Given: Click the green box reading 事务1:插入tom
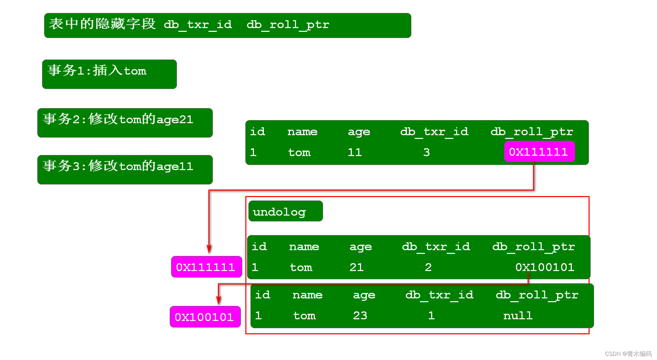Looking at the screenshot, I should click(x=109, y=74).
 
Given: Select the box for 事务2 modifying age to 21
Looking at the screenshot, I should click(x=125, y=123).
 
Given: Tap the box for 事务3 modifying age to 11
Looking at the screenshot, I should click(x=125, y=169).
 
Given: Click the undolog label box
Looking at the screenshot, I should click(x=285, y=211).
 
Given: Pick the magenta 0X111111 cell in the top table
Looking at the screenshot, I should click(x=539, y=152).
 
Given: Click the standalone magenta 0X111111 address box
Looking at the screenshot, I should click(x=206, y=267).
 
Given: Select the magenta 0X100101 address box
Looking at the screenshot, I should click(x=205, y=317).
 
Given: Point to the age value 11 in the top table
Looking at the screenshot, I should click(x=355, y=152).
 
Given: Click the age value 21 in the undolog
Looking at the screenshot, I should click(x=357, y=267).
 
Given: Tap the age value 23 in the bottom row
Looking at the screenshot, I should click(x=360, y=316).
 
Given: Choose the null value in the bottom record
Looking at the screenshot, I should click(x=518, y=316).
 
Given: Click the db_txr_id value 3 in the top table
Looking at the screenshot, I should click(x=426, y=152).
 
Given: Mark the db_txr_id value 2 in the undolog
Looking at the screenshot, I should click(x=428, y=267).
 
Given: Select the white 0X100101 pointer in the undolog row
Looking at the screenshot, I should click(x=545, y=267).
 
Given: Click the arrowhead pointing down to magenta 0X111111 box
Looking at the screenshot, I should click(x=209, y=249).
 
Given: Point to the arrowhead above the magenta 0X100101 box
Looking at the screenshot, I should click(x=219, y=300).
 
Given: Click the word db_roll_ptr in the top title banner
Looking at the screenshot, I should click(x=288, y=25).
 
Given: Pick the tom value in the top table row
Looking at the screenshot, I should click(x=299, y=152).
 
